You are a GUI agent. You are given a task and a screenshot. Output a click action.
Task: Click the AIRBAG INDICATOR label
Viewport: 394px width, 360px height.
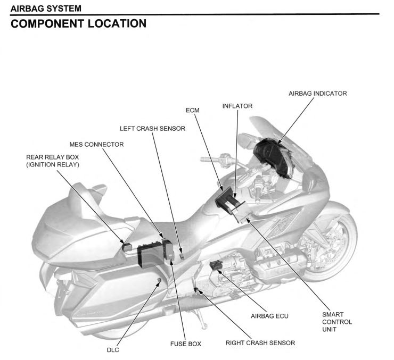317,93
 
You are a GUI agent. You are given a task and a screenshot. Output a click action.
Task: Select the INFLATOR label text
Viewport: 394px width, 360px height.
237,106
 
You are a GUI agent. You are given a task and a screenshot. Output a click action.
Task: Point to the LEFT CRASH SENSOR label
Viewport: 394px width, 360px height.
152,128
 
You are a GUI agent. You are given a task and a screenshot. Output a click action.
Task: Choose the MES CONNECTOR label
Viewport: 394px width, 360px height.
96,144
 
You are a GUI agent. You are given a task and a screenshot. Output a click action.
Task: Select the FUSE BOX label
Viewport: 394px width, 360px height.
185,344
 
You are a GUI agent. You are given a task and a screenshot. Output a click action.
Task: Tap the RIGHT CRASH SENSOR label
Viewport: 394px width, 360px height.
260,343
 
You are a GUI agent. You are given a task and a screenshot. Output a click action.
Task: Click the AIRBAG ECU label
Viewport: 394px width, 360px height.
269,315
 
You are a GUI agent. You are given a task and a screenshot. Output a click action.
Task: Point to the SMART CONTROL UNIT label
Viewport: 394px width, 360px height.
338,322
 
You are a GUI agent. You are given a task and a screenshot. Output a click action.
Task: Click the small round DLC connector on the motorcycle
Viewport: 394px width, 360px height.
158,279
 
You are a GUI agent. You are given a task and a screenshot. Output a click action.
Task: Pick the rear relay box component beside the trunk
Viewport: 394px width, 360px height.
128,246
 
